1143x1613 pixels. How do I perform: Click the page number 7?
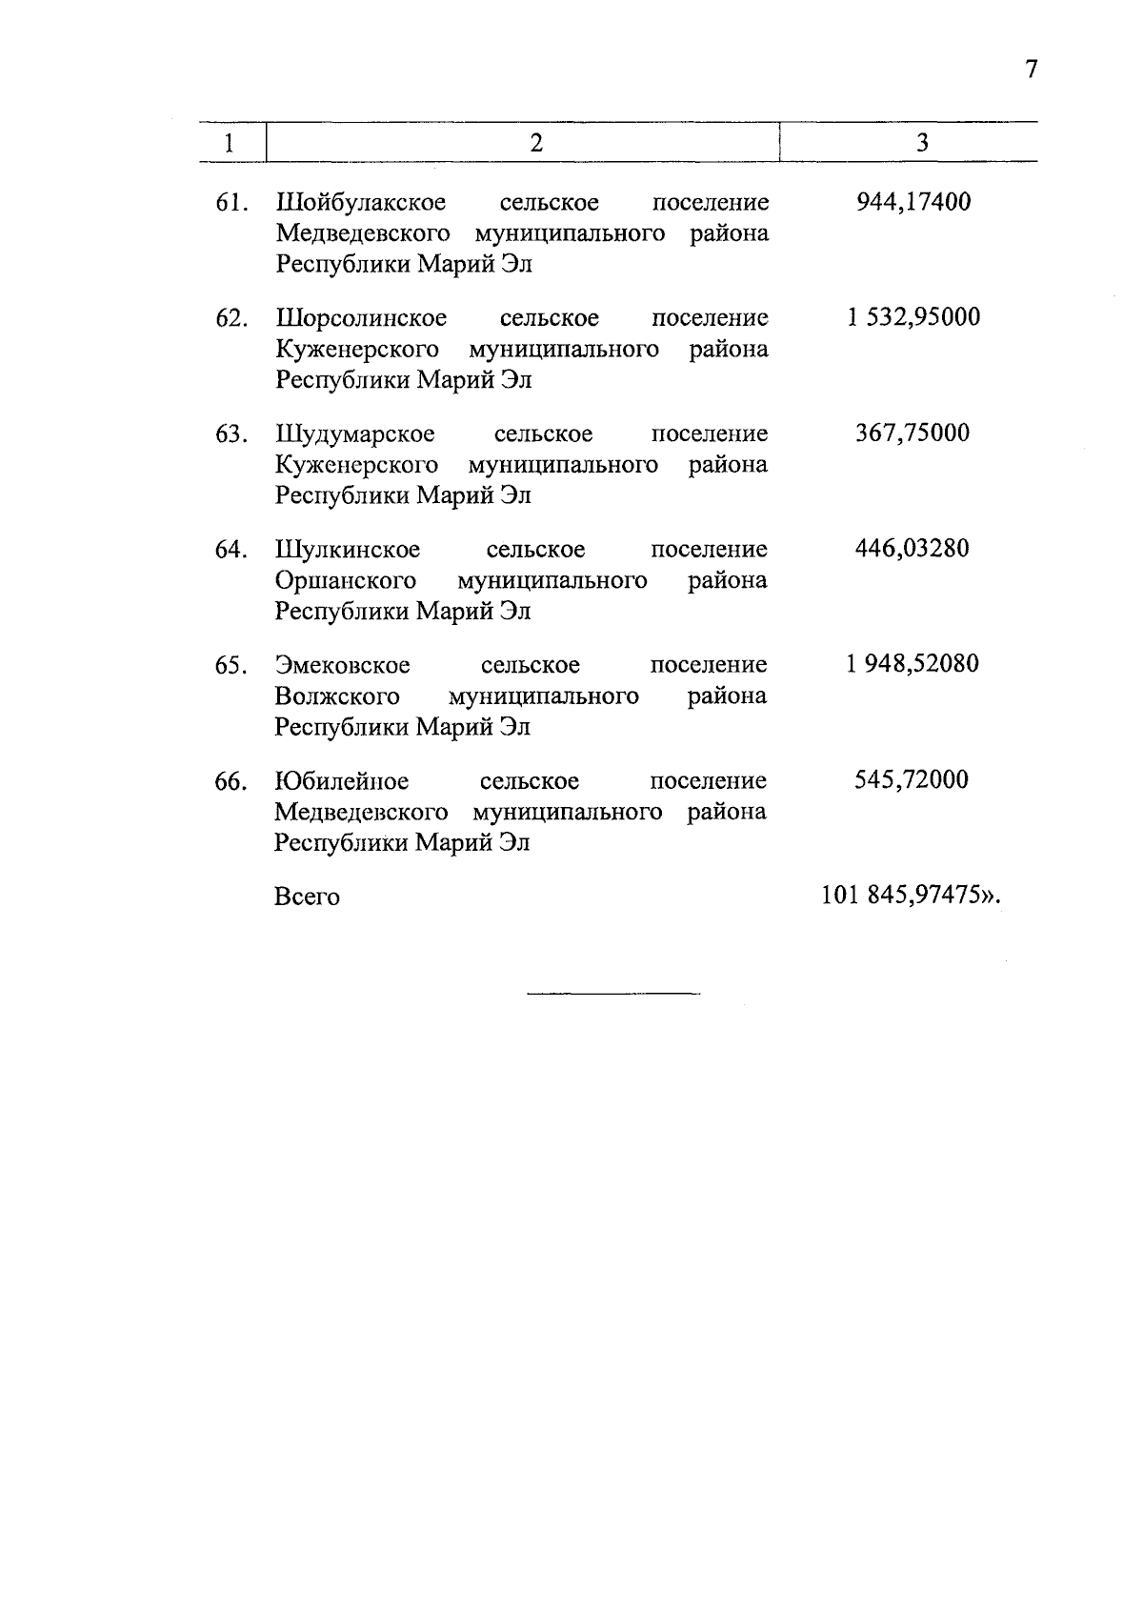click(1031, 70)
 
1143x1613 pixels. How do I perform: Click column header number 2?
click(536, 143)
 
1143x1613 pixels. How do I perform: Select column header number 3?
click(922, 143)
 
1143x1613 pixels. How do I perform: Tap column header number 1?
click(229, 144)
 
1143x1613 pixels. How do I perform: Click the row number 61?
click(232, 203)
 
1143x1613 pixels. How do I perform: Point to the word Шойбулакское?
click(361, 203)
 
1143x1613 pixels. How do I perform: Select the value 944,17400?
click(912, 202)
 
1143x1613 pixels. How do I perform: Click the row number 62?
click(232, 318)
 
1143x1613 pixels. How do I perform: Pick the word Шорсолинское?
click(361, 318)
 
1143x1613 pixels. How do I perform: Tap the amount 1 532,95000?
click(912, 317)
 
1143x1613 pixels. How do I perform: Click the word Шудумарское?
click(355, 434)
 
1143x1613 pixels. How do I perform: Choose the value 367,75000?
click(912, 433)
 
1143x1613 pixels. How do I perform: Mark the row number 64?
click(232, 550)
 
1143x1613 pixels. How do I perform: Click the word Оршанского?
click(346, 581)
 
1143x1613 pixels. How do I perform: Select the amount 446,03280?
click(912, 549)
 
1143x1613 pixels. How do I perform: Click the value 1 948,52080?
click(912, 664)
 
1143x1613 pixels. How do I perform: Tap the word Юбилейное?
click(341, 781)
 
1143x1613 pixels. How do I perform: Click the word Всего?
click(307, 897)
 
